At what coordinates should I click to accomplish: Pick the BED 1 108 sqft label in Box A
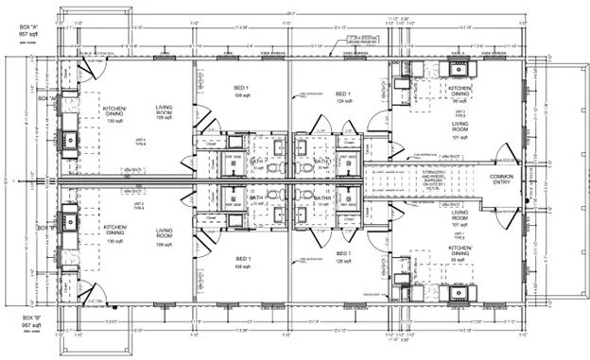(240, 92)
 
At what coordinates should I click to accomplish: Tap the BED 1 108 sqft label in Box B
(240, 264)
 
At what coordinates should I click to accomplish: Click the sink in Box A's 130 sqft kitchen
(70, 142)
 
